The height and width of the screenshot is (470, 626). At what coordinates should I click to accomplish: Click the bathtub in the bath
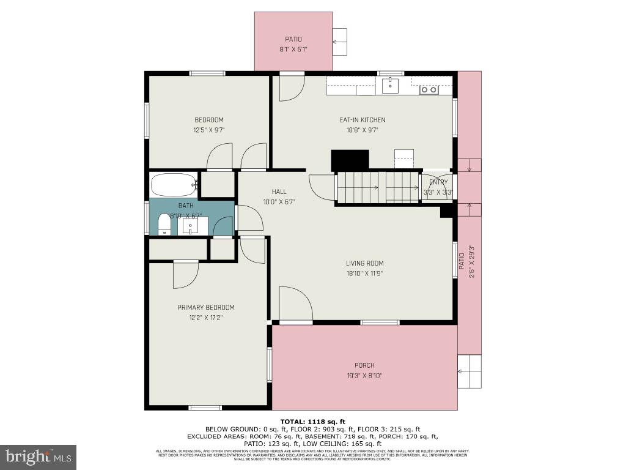(174, 184)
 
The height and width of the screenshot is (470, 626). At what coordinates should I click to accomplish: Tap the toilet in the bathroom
(164, 224)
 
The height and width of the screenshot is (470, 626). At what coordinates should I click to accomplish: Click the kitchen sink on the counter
(391, 86)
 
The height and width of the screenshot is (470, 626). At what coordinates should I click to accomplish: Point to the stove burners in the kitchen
(429, 90)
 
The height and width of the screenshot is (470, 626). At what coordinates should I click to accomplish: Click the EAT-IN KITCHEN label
(363, 120)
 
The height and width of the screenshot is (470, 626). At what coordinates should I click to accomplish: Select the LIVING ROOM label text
(365, 264)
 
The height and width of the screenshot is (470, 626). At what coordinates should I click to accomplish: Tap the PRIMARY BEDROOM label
(206, 307)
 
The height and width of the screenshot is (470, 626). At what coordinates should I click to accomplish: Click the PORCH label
(364, 365)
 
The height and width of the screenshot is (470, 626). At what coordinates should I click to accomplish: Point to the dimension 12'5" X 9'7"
(209, 130)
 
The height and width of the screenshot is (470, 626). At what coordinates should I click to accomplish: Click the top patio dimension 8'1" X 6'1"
(293, 49)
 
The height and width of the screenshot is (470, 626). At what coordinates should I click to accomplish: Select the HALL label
(279, 192)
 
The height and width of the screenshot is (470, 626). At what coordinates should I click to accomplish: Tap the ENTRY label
(438, 182)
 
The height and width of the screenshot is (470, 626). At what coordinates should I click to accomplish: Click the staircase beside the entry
(377, 187)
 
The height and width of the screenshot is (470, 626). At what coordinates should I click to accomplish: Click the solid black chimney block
(350, 160)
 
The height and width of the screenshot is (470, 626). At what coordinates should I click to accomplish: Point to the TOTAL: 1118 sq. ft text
(313, 421)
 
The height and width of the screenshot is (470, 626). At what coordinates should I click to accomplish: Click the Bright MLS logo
(38, 457)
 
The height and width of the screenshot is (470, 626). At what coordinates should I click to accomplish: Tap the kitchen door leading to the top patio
(291, 88)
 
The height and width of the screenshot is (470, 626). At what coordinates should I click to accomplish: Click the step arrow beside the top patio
(339, 42)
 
